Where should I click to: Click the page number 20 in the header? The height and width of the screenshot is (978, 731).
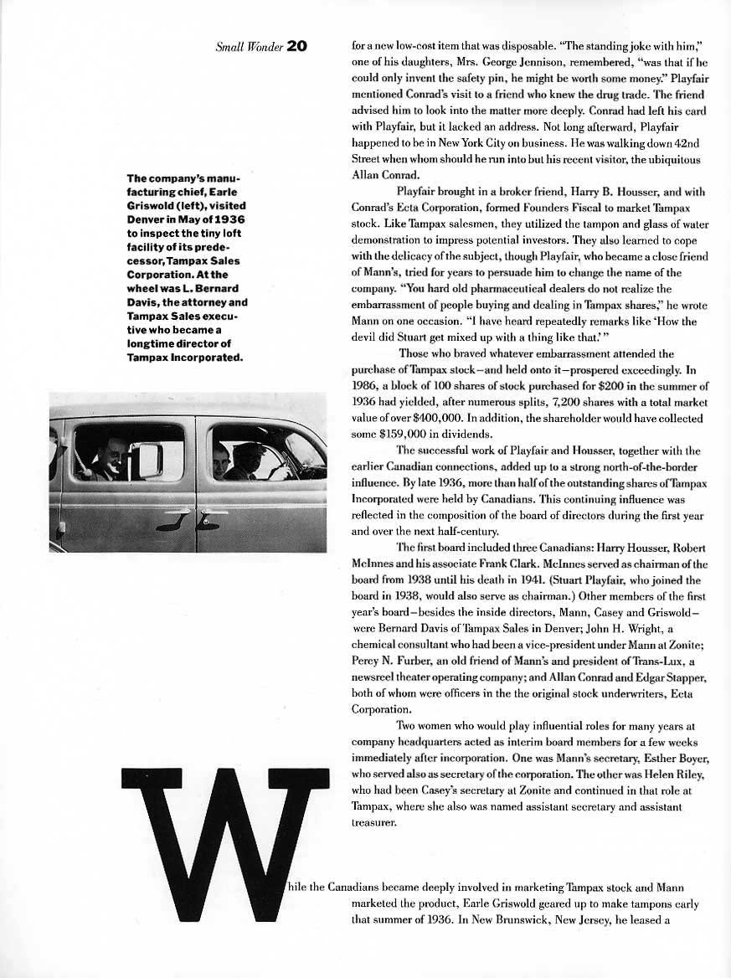(297, 46)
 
